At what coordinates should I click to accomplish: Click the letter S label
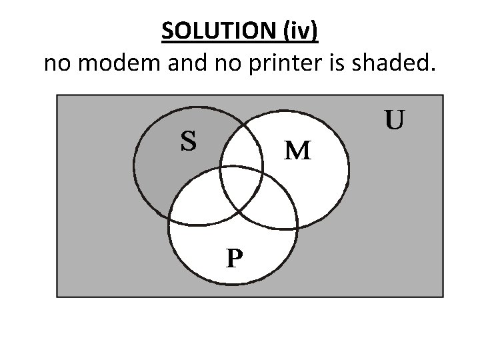(189, 141)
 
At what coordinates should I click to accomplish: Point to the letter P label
(233, 257)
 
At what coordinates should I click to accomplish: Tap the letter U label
(394, 120)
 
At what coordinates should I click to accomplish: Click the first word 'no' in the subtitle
(57, 64)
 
